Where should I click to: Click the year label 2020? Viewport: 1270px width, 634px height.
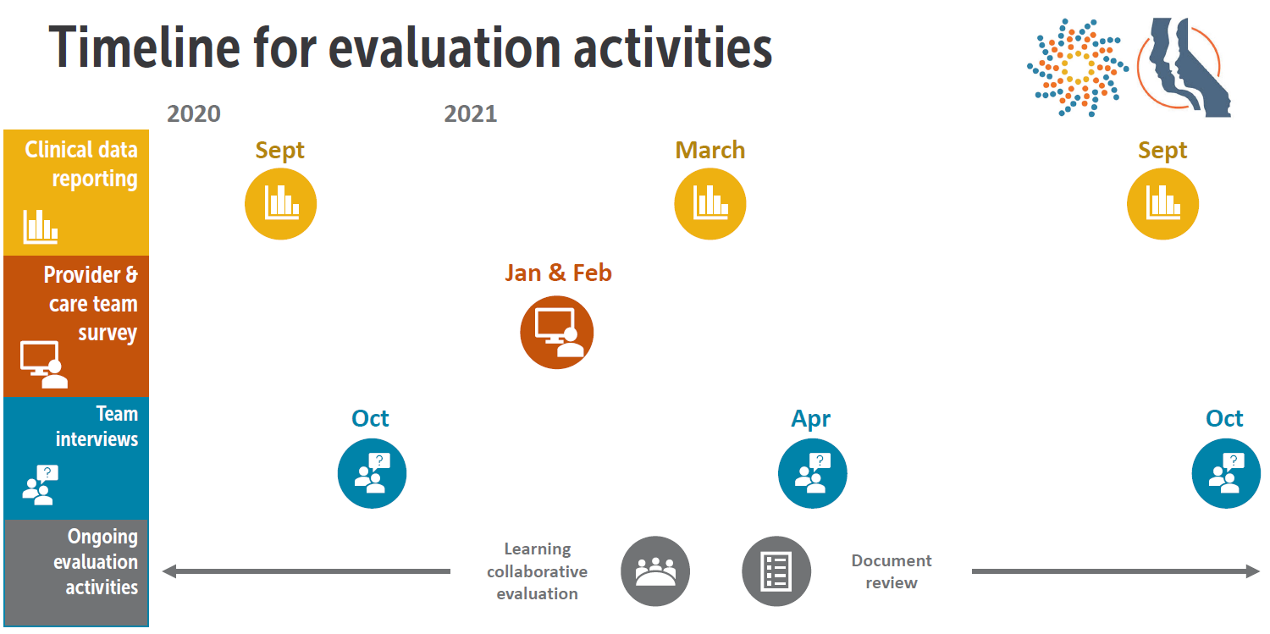[193, 113]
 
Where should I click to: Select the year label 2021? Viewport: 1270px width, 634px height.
[470, 113]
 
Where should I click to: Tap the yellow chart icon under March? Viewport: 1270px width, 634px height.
[710, 204]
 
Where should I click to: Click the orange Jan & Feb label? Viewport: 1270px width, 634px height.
[558, 273]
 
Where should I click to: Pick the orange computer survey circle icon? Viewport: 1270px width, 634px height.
[556, 333]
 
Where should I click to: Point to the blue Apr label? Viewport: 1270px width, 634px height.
[810, 418]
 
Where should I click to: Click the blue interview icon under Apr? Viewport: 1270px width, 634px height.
[812, 473]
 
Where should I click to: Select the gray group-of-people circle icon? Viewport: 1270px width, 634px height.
[655, 571]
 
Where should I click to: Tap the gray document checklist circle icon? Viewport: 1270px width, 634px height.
[776, 571]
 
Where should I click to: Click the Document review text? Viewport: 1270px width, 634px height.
[891, 571]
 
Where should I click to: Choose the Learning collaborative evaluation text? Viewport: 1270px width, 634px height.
[537, 571]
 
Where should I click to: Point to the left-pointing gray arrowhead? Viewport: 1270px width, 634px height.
[168, 571]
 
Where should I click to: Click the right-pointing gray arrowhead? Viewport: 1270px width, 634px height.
[1253, 571]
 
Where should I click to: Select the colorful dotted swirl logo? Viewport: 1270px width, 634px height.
[1076, 66]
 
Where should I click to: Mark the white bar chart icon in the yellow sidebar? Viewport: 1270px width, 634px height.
[40, 226]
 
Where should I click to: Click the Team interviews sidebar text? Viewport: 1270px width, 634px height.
[96, 427]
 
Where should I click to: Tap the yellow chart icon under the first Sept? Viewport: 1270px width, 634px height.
[280, 204]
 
